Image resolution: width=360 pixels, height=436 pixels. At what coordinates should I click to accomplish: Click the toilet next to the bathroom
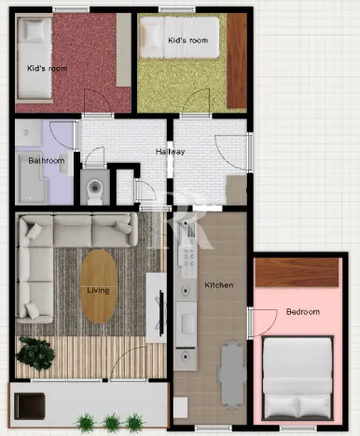[93, 190]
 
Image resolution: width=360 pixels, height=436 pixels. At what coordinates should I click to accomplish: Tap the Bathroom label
[46, 160]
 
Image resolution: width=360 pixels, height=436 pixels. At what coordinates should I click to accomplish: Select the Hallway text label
[170, 152]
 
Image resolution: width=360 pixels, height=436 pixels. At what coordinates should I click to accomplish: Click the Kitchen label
[218, 284]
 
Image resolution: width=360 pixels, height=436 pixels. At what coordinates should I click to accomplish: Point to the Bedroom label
[303, 311]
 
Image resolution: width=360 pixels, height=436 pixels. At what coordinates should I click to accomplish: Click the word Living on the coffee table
[98, 290]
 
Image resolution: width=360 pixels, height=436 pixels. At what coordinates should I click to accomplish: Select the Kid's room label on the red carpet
[46, 68]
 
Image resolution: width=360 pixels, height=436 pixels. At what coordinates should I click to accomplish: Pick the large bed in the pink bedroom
[297, 377]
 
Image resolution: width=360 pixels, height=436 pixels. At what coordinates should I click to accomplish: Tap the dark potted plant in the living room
[35, 352]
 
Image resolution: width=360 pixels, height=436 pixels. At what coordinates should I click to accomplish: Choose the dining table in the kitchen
[231, 371]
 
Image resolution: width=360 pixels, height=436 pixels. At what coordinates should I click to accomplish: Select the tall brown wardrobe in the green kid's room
[237, 61]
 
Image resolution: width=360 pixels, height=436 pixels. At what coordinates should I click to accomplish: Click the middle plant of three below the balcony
[111, 422]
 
